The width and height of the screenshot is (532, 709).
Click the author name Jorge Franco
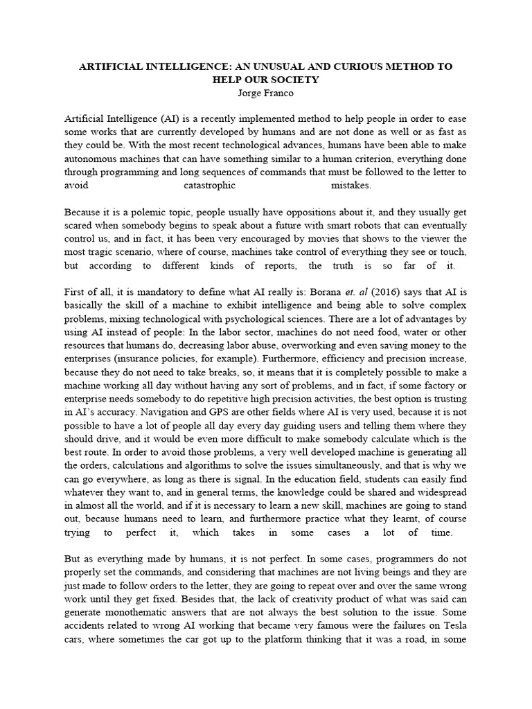266,93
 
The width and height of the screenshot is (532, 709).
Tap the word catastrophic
210,186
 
